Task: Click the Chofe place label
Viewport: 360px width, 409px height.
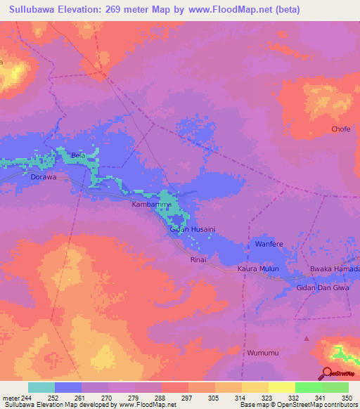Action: click(341, 129)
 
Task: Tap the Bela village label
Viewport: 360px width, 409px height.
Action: click(78, 155)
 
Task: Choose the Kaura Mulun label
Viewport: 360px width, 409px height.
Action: click(258, 269)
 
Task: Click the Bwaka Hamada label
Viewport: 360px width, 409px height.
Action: click(335, 269)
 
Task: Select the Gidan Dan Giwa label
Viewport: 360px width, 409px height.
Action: click(323, 288)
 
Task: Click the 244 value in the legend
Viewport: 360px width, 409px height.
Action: click(25, 397)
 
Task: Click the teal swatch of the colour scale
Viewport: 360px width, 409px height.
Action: click(41, 387)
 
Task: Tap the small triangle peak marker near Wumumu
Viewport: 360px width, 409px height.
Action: click(306, 339)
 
